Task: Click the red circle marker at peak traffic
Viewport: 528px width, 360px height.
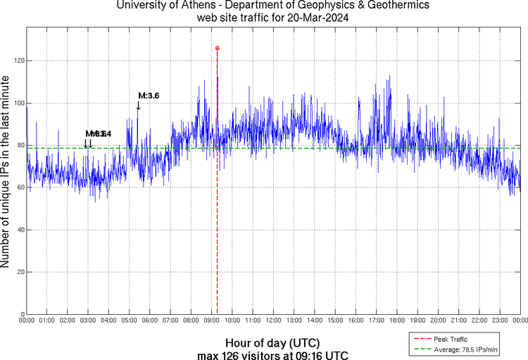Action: pyautogui.click(x=217, y=48)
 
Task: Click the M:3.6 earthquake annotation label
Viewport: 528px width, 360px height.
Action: pyautogui.click(x=149, y=96)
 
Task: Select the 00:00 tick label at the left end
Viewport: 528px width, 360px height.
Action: pyautogui.click(x=27, y=321)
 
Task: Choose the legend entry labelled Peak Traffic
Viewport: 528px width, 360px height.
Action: pyautogui.click(x=454, y=340)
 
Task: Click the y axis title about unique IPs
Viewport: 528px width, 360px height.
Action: pyautogui.click(x=6, y=173)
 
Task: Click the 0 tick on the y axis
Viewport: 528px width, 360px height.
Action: pyautogui.click(x=22, y=314)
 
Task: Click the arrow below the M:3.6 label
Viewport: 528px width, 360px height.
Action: pyautogui.click(x=138, y=106)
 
